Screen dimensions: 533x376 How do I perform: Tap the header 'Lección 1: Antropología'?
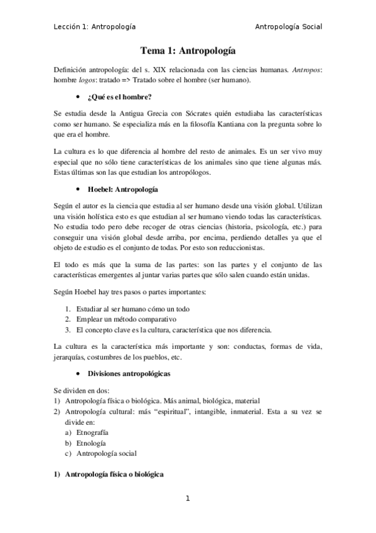(95, 26)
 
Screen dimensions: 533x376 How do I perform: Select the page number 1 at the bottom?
(187, 499)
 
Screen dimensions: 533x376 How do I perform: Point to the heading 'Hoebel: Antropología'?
(123, 189)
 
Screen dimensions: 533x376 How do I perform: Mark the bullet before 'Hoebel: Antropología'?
(77, 189)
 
